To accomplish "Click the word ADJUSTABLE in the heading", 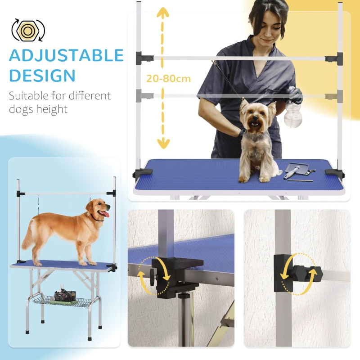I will click(66, 55).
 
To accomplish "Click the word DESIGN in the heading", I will click(42, 75).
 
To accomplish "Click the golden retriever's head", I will click(97, 210).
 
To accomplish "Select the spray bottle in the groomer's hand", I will click(293, 112).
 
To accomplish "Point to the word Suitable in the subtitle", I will click(29, 96).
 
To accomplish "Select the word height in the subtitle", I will click(53, 109).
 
